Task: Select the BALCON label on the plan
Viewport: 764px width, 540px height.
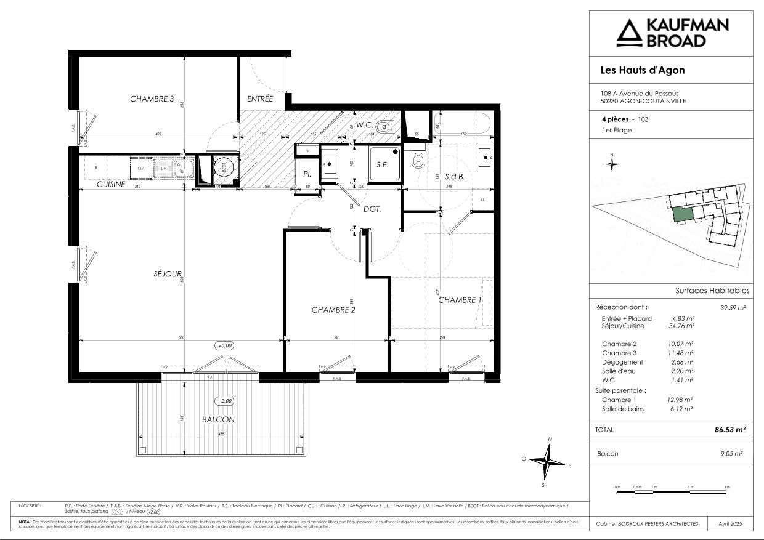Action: (218, 419)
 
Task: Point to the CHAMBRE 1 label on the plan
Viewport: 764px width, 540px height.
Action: (460, 300)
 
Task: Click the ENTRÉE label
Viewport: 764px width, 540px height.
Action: (260, 99)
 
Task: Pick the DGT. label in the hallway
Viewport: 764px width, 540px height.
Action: (372, 209)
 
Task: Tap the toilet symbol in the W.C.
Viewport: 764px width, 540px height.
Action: (384, 126)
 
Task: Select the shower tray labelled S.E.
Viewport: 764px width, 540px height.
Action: (384, 164)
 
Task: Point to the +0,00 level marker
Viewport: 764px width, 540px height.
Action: (224, 345)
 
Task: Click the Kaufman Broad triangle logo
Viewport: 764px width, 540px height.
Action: (628, 33)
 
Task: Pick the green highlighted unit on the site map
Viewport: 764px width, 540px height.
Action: (682, 215)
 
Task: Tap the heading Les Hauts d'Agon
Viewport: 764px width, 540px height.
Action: (642, 70)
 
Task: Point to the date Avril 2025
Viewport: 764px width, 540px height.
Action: (731, 523)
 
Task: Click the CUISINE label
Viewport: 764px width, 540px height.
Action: (111, 184)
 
